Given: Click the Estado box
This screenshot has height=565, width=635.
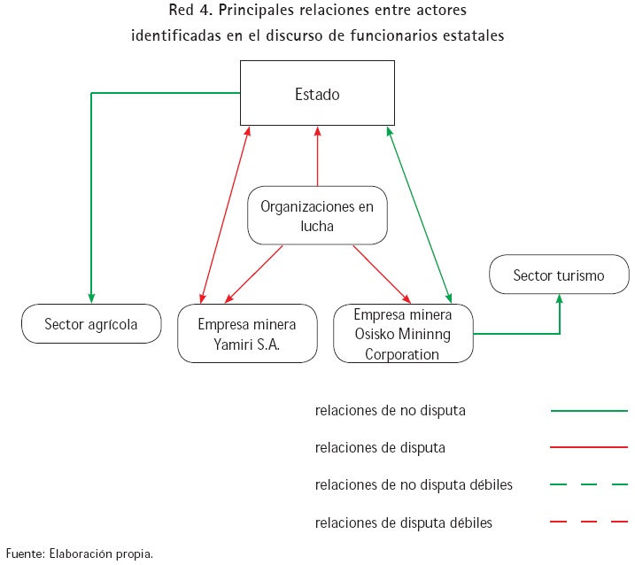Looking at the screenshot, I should tap(317, 93).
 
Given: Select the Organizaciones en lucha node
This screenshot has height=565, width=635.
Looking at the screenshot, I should tap(317, 215).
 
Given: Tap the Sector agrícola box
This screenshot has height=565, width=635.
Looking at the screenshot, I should tap(91, 324).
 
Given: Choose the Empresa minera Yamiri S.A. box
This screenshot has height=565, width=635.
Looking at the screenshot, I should tap(247, 333).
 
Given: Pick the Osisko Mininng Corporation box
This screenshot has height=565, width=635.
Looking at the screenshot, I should tap(403, 333).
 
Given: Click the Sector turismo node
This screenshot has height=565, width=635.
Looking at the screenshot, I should tap(559, 275).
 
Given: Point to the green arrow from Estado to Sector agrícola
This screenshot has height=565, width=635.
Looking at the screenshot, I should tap(91, 195).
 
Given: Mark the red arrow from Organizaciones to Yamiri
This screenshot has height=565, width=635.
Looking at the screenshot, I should tap(255, 273).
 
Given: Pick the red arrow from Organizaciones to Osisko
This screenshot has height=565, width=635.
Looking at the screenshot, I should tap(383, 273).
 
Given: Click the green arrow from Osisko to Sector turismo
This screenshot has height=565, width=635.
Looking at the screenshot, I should tap(531, 333).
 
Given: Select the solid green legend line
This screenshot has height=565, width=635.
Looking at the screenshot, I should tap(589, 411).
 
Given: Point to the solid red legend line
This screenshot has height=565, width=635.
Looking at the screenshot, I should tap(589, 448).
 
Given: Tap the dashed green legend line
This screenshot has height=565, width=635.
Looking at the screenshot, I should tap(589, 485).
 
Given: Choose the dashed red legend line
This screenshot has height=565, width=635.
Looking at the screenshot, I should tap(589, 522).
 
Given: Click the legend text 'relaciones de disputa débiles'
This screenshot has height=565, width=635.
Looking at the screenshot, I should tap(403, 522).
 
